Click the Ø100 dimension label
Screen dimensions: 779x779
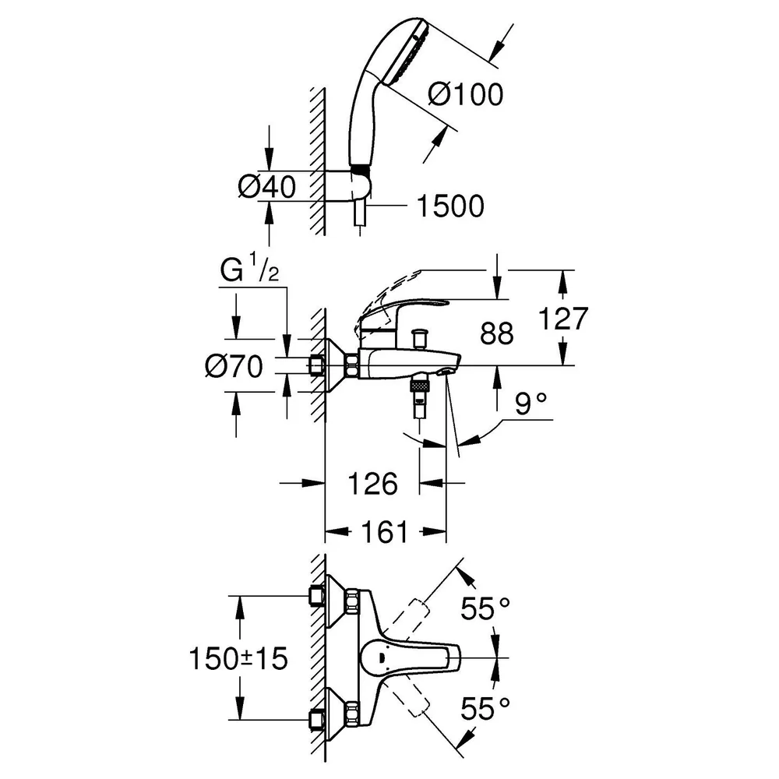466,94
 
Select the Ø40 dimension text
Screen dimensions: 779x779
266,187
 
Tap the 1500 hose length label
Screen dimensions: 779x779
450,206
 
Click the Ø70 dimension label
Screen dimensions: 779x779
234,367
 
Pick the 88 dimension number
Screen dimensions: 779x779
496,333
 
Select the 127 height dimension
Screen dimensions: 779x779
563,319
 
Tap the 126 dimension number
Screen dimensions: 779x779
372,484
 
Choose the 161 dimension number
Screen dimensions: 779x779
384,532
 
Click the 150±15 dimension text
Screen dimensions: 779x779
238,659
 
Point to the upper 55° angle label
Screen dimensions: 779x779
485,608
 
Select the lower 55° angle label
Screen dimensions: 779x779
485,708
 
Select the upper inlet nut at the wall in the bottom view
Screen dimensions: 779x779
316,596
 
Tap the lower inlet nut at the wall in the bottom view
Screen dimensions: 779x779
316,719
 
